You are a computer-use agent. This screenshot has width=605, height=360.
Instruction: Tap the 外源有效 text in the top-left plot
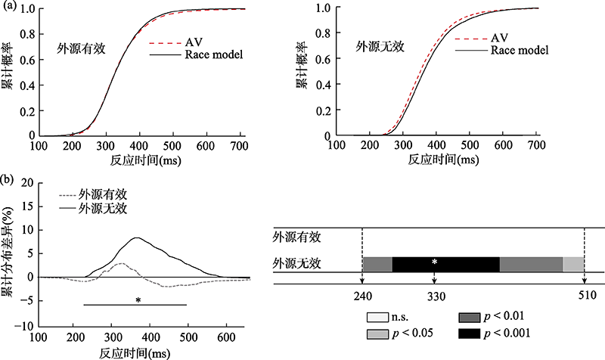click(81, 47)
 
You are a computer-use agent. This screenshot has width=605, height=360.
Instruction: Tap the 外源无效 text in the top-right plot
click(380, 47)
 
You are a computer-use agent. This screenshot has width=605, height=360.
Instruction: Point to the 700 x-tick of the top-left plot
click(238, 145)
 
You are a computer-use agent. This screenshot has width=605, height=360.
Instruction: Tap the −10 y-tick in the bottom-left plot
click(26, 325)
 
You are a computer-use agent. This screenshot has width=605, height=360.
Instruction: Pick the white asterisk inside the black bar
click(434, 262)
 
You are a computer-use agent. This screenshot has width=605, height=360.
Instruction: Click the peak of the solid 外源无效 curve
click(136, 237)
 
